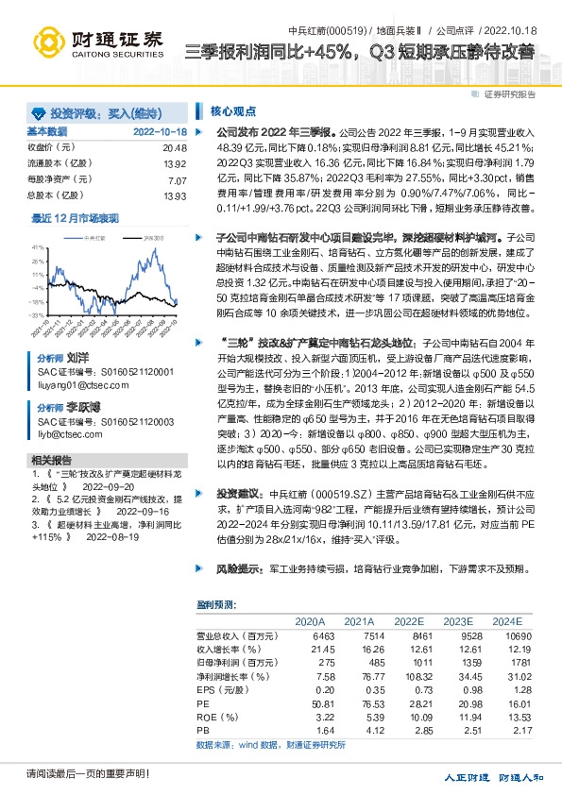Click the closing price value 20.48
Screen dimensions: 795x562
click(175, 148)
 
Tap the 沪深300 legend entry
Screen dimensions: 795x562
click(153, 238)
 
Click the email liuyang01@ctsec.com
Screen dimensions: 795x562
click(76, 385)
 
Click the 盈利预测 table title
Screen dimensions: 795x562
click(214, 604)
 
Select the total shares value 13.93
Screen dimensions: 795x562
click(175, 195)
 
